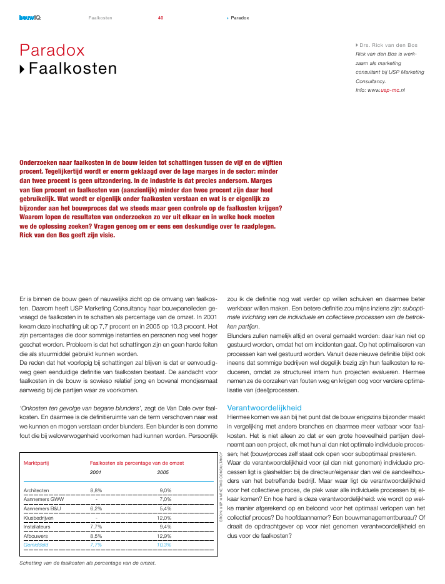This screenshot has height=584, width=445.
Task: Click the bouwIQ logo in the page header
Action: click(x=29, y=17)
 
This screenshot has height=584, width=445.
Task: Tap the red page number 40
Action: click(x=161, y=17)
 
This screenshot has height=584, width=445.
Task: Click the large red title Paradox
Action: click(x=52, y=50)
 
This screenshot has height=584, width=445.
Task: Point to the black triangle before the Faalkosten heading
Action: click(x=23, y=69)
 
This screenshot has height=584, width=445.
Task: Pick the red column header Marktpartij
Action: click(x=36, y=463)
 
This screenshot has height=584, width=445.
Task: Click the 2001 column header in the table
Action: click(x=96, y=473)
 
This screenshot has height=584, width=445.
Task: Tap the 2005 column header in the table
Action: click(x=162, y=473)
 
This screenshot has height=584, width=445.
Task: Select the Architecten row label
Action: click(x=37, y=490)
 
